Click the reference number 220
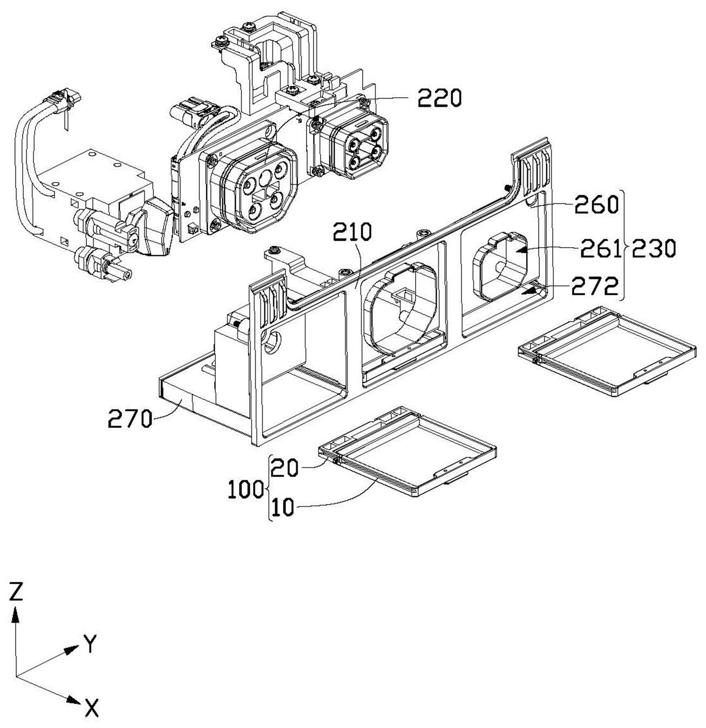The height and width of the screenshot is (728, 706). tap(439, 99)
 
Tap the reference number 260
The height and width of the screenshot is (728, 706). tap(596, 205)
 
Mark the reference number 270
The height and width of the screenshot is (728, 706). tap(130, 419)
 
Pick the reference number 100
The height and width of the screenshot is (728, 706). tap(246, 489)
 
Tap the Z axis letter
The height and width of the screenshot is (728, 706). tap(16, 591)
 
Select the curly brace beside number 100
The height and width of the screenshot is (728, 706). tap(268, 487)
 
